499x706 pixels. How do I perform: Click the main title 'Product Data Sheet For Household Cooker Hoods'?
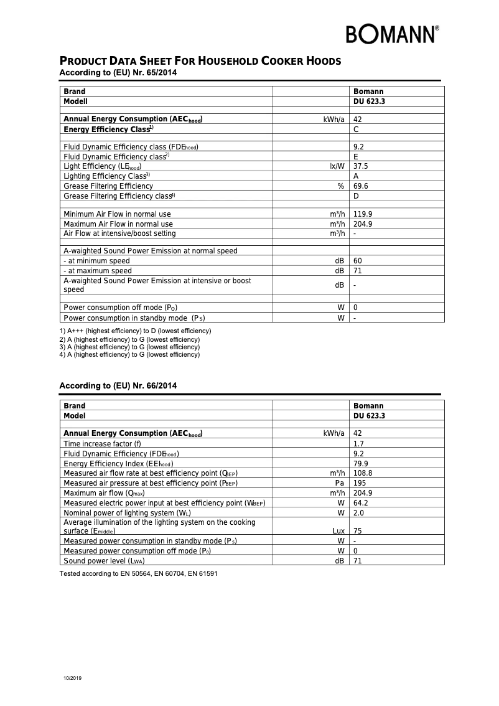pyautogui.click(x=200, y=61)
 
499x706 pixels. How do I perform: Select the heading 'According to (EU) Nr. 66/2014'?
pyautogui.click(x=118, y=386)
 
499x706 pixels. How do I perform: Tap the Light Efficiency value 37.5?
pyautogui.click(x=361, y=166)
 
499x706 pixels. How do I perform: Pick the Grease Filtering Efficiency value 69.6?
pyautogui.click(x=361, y=186)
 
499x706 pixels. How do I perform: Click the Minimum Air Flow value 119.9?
pyautogui.click(x=363, y=214)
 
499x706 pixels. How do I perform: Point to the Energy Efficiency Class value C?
pyautogui.click(x=356, y=129)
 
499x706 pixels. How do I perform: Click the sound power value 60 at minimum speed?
pyautogui.click(x=358, y=261)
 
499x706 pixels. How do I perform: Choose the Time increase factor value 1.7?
pyautogui.click(x=358, y=444)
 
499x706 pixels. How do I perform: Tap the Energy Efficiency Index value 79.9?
pyautogui.click(x=361, y=464)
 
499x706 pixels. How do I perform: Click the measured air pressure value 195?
pyautogui.click(x=360, y=483)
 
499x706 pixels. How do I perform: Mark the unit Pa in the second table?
pyautogui.click(x=340, y=483)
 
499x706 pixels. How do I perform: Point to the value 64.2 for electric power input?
pyautogui.click(x=361, y=502)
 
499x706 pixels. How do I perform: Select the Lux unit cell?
pyautogui.click(x=338, y=531)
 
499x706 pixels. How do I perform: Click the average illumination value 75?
pyautogui.click(x=358, y=531)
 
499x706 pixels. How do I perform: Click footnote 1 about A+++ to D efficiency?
pyautogui.click(x=135, y=331)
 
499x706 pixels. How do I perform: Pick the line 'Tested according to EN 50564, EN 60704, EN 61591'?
pyautogui.click(x=138, y=573)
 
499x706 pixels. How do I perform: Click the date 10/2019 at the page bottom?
pyautogui.click(x=72, y=677)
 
